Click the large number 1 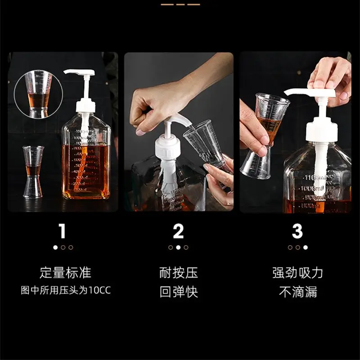(63, 231)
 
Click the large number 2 (178, 231)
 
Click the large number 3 (297, 231)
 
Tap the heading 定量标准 (65, 273)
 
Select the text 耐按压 (179, 273)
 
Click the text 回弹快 (179, 292)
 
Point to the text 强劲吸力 (298, 273)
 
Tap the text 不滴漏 (298, 292)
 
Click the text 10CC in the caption (99, 290)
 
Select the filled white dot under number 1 (55, 247)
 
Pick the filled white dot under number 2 (178, 247)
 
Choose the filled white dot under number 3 (306, 247)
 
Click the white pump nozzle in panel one (79, 72)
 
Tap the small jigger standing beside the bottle (33, 172)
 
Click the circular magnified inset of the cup (38, 94)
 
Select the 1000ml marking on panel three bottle (312, 189)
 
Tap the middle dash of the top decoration (180, 4)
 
